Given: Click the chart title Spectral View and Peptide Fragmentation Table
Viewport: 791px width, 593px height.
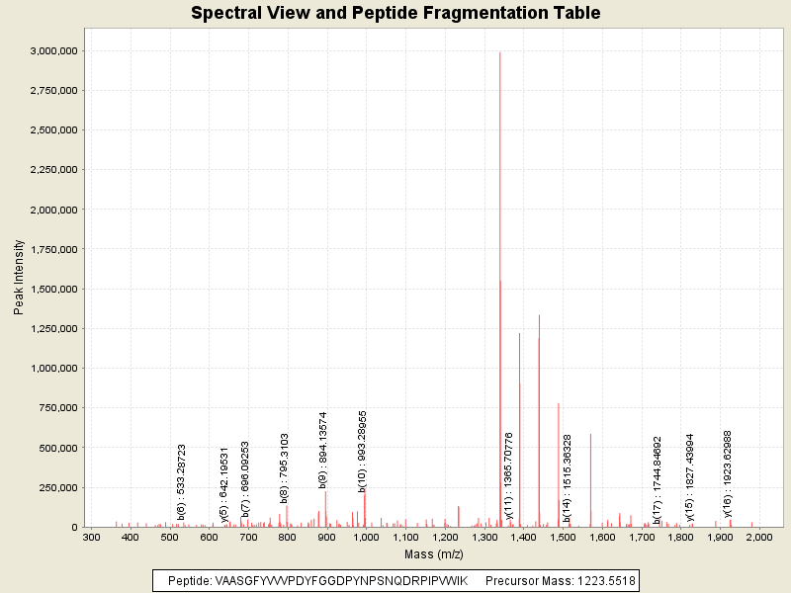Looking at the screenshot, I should [x=395, y=13].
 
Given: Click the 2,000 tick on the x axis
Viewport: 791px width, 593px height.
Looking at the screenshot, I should [x=759, y=537].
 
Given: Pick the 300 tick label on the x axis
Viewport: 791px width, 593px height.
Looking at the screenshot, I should [x=91, y=537].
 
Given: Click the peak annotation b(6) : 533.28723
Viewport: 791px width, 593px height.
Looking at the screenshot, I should [x=182, y=481].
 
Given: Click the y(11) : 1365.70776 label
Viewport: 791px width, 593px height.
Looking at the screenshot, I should [x=509, y=475].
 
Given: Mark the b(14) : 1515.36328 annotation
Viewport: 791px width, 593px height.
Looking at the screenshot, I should [x=568, y=477].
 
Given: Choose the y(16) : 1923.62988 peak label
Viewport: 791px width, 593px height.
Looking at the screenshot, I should [x=728, y=473].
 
